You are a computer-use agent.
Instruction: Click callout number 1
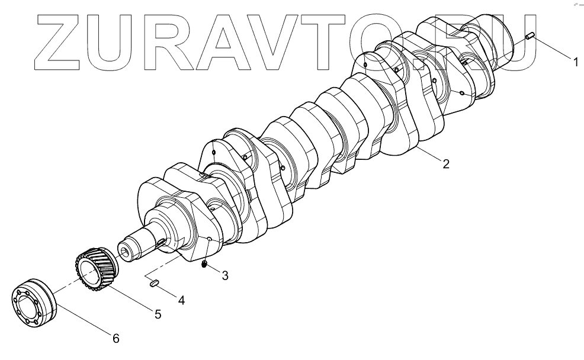pos(575,59)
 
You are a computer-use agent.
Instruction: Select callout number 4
pos(181,300)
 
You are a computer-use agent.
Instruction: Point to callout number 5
pos(158,315)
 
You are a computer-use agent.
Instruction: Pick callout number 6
pos(116,339)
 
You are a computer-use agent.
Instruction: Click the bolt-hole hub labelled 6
pos(32,302)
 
